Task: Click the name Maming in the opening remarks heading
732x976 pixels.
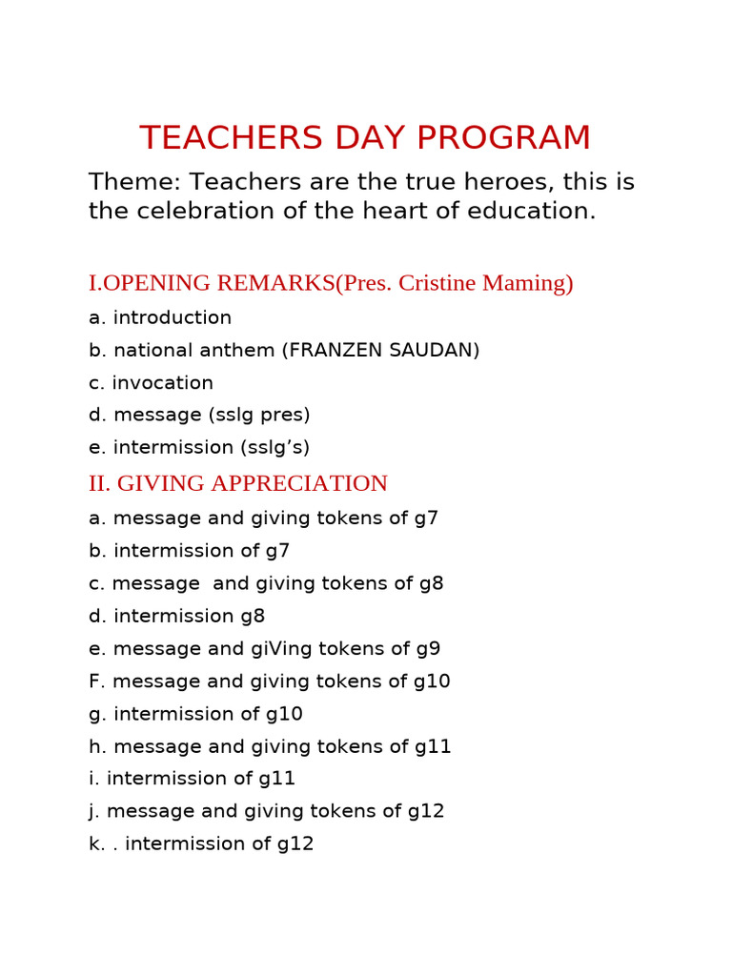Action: click(x=533, y=283)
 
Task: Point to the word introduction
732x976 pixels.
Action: click(x=173, y=318)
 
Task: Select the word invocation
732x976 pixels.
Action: click(x=163, y=383)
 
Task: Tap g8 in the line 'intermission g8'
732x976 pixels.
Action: click(x=253, y=617)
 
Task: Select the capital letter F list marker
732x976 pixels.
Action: click(x=94, y=681)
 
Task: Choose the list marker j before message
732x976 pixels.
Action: click(x=92, y=812)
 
